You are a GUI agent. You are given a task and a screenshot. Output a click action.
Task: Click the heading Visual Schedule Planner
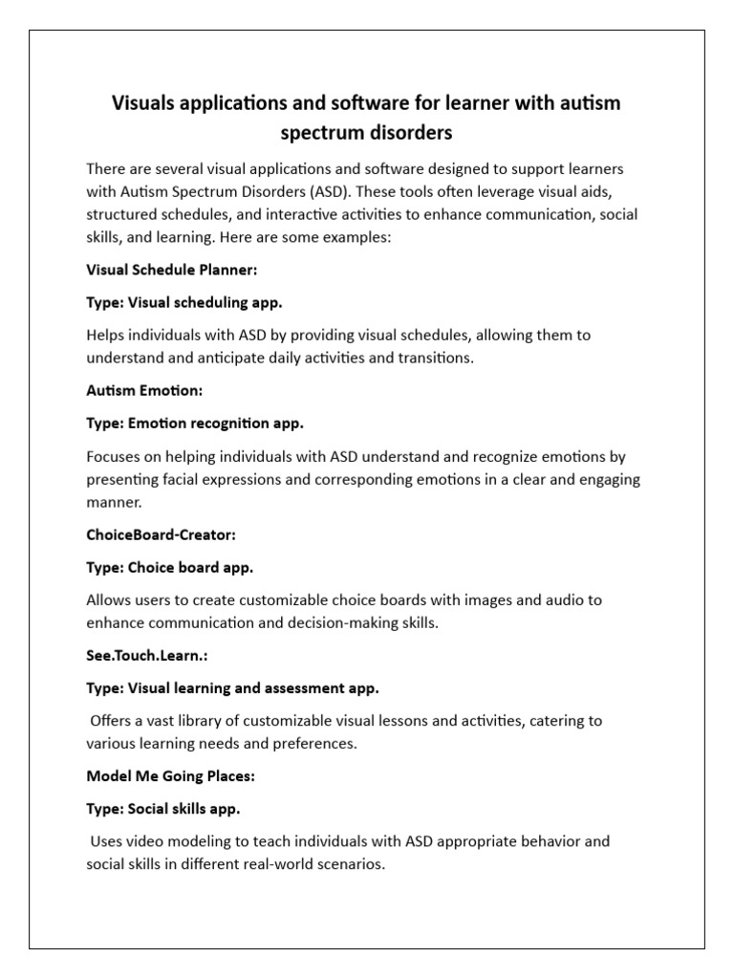[x=172, y=271]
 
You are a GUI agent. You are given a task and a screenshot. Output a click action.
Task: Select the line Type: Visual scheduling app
[x=184, y=302]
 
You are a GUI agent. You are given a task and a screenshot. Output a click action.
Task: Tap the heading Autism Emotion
[x=144, y=390]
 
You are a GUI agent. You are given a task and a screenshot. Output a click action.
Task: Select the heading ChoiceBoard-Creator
[x=161, y=535]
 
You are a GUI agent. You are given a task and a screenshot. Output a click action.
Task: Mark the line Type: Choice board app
[x=169, y=567]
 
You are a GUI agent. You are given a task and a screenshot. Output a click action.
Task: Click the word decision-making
[x=335, y=622]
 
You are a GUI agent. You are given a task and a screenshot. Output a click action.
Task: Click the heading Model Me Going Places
[x=170, y=776]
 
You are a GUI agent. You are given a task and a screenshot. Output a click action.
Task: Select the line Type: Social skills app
[x=162, y=808]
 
